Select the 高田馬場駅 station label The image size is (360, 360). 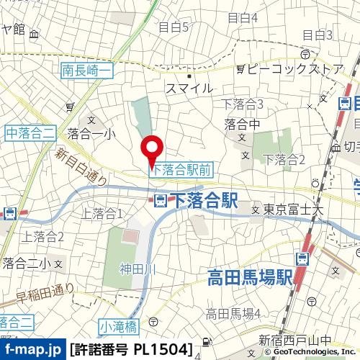248,276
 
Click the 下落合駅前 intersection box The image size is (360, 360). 181,168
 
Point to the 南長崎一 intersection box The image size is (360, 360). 87,70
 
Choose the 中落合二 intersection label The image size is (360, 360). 30,131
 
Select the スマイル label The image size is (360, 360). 189,88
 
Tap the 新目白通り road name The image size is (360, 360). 81,166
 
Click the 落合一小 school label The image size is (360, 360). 91,132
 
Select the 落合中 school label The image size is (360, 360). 243,124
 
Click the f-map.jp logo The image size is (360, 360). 32,350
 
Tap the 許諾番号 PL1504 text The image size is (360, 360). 132,350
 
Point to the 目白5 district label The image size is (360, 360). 173,27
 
